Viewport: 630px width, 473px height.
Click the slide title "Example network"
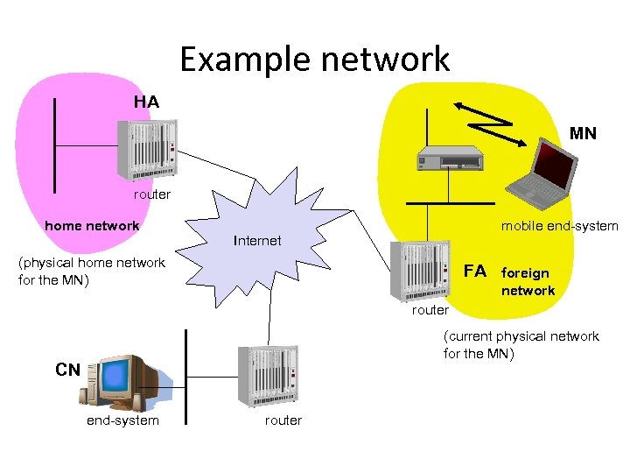(315, 60)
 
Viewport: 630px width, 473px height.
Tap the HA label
(146, 102)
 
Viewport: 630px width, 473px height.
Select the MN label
(583, 134)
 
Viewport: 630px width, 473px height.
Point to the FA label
(474, 270)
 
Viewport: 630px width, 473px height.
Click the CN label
(67, 370)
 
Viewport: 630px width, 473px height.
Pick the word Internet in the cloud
(257, 241)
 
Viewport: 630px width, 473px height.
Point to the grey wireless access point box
(450, 158)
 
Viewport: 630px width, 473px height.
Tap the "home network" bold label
(92, 226)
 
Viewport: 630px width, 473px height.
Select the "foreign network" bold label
(528, 282)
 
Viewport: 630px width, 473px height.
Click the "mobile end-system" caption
(559, 226)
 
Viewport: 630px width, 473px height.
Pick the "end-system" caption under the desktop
(122, 420)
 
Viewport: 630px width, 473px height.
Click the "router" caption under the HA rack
(152, 194)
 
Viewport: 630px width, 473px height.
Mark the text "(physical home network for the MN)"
(91, 271)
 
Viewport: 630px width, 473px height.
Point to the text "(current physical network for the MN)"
(521, 344)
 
